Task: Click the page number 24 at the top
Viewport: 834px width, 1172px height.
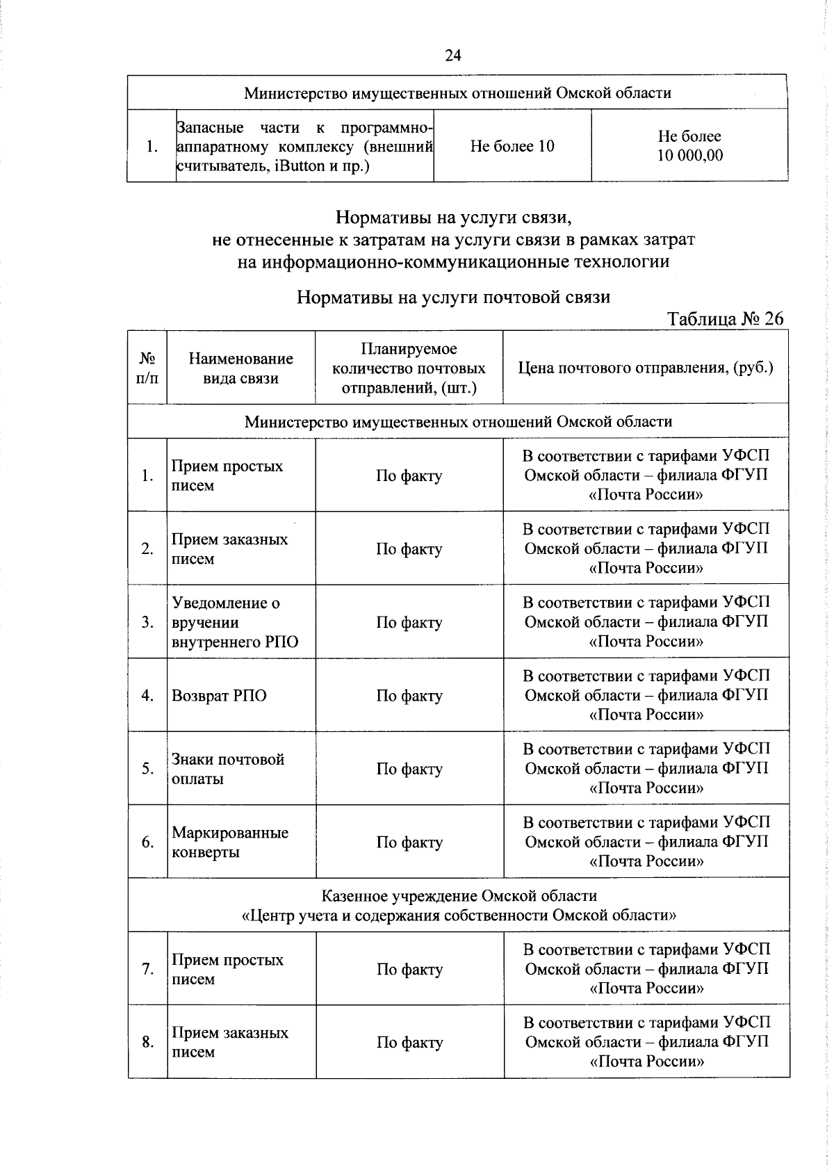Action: [x=452, y=56]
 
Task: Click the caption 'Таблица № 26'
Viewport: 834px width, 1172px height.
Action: [x=725, y=318]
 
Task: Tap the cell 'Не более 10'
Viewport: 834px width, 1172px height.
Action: [x=512, y=146]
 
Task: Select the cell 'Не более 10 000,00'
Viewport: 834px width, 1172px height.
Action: [x=689, y=146]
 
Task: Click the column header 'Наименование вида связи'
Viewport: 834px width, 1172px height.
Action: [x=240, y=368]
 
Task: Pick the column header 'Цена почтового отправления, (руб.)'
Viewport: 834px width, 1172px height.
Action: [x=646, y=368]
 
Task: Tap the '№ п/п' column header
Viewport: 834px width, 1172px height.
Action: [x=147, y=368]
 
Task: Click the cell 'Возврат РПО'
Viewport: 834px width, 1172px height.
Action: [x=219, y=696]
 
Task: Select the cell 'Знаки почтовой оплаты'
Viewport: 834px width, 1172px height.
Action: [x=228, y=769]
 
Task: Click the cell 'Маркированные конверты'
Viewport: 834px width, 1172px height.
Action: [x=229, y=843]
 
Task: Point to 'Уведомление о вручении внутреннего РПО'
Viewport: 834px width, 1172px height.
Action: [x=234, y=622]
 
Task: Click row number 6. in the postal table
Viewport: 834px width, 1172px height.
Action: [x=147, y=843]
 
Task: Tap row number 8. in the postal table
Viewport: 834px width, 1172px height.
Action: [x=147, y=1042]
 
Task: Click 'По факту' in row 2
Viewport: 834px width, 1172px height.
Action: [x=409, y=549]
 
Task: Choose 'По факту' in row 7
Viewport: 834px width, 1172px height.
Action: [x=409, y=969]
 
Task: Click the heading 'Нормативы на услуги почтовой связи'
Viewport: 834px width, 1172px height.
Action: [x=453, y=298]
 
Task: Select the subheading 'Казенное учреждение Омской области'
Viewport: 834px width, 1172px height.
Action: [x=459, y=895]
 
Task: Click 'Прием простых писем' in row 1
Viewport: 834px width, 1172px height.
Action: [x=227, y=475]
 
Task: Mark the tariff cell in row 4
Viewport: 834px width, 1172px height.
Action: [x=646, y=695]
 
